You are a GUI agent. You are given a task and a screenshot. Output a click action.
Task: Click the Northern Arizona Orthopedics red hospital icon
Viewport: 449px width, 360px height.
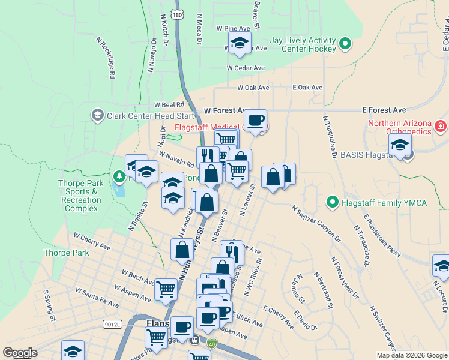coord(440,126)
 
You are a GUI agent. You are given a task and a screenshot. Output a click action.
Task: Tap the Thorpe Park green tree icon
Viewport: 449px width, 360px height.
coord(119,176)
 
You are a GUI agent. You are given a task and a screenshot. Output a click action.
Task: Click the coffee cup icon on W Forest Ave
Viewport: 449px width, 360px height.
coord(255,120)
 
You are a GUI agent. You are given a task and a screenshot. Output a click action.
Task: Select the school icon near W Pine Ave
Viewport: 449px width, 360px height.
coord(240,43)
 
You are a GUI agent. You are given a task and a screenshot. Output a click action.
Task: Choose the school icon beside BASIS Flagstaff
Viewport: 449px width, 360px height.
coord(400,145)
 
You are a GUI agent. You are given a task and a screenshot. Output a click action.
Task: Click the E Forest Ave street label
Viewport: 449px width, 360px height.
coord(384,110)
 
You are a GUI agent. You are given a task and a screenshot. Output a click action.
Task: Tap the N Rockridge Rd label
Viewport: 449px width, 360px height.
coord(106,57)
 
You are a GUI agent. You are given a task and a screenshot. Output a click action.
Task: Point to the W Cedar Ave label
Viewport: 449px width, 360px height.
coord(246,68)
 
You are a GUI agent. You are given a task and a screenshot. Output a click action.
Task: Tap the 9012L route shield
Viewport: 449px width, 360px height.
coord(112,324)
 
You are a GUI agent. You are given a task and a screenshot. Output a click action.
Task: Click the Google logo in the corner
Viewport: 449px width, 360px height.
coord(20,353)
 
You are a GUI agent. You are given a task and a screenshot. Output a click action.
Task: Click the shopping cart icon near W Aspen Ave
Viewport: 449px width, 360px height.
coord(166,289)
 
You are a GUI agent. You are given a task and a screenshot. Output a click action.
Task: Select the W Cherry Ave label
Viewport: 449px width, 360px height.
coord(92,241)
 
